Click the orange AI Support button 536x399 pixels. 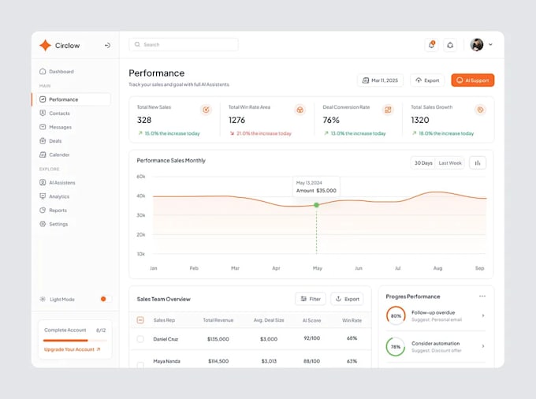472,80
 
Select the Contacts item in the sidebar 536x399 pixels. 59,114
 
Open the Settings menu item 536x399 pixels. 58,224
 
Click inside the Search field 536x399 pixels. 184,45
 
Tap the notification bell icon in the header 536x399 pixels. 431,45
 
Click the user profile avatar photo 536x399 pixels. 477,45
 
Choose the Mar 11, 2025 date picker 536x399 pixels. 381,80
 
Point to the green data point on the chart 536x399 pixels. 317,205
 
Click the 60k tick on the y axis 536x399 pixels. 141,177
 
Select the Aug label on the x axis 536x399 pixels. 437,268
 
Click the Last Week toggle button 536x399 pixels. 450,163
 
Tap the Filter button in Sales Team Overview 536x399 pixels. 311,299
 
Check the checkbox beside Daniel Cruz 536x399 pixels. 140,339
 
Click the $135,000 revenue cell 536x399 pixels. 218,339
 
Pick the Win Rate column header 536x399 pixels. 352,320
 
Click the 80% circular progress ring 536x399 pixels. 396,315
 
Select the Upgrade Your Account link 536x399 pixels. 72,349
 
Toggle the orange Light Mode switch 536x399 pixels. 102,300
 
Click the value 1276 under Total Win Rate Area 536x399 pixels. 236,120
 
